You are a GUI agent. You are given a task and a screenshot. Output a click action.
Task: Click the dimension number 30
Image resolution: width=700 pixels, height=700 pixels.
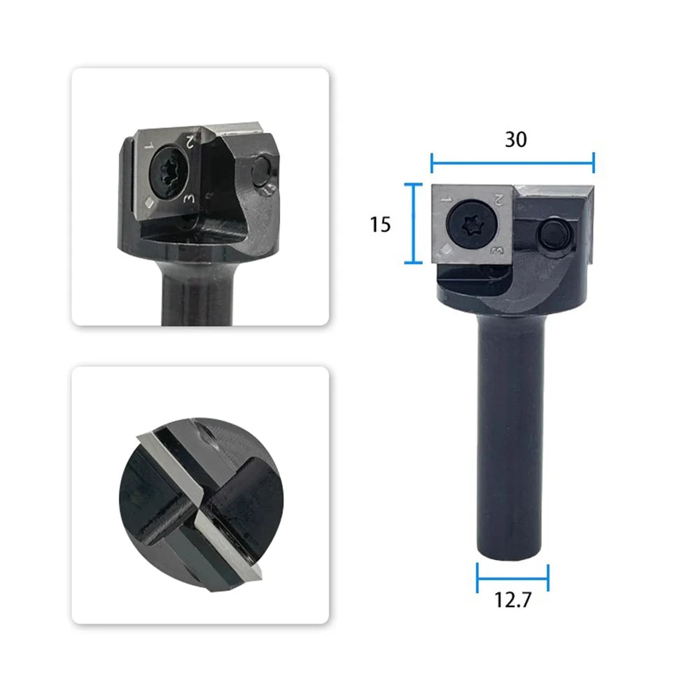pos(516,139)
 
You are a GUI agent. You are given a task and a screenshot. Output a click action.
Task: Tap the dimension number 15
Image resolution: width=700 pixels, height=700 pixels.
pos(380,224)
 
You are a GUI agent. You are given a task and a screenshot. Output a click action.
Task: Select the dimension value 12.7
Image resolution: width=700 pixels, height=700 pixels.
pos(513,600)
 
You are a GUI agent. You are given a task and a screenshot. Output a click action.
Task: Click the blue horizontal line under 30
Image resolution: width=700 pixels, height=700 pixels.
pos(512,163)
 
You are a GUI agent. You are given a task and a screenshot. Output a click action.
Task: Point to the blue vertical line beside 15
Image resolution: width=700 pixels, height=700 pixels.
pos(414,223)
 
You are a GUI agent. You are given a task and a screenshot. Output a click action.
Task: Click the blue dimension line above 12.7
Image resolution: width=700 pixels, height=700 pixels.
pos(512,578)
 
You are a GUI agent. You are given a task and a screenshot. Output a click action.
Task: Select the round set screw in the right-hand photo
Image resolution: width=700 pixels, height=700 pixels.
pos(555,234)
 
